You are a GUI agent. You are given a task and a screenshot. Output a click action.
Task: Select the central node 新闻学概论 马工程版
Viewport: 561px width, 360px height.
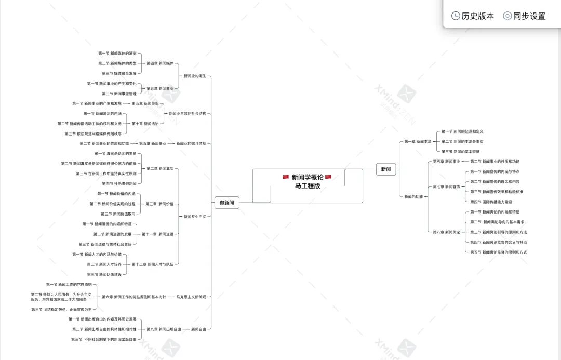tap(307, 181)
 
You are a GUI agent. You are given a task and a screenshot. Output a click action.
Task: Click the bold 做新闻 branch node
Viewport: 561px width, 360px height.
tap(227, 203)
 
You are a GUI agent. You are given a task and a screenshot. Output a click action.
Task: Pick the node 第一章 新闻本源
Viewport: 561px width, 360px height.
tap(418, 141)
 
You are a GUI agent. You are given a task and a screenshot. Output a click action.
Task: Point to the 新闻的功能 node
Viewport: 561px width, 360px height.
tap(413, 196)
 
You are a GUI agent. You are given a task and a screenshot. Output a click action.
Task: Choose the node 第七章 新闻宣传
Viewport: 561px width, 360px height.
tap(446, 186)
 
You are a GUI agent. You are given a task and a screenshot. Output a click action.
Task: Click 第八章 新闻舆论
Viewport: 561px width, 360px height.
tap(446, 232)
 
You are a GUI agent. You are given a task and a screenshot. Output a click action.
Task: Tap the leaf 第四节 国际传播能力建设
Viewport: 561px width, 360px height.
tap(490, 202)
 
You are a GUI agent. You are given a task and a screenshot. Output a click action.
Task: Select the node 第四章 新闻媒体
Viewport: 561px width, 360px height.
tap(160, 63)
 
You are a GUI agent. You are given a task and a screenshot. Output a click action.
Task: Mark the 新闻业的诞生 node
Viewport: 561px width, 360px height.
tap(195, 76)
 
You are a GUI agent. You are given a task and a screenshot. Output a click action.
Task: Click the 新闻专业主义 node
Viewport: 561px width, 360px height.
tap(195, 216)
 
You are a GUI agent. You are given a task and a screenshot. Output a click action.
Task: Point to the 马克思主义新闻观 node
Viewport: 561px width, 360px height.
tap(191, 297)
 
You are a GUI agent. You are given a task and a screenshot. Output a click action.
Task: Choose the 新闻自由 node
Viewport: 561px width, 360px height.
tap(198, 329)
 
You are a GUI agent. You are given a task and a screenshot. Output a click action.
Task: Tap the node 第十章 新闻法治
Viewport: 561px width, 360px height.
tap(145, 124)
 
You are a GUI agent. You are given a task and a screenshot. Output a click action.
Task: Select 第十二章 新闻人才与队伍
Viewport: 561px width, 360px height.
tap(153, 264)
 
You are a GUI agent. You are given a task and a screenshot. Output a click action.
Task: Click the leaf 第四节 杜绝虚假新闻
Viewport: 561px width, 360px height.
tap(119, 183)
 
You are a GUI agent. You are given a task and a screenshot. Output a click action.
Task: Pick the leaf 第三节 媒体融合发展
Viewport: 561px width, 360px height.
tap(119, 73)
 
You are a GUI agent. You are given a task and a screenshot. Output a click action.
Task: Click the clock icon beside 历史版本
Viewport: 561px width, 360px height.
tap(456, 16)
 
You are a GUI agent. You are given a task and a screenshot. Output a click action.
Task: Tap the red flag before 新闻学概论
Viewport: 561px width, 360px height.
tap(286, 177)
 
